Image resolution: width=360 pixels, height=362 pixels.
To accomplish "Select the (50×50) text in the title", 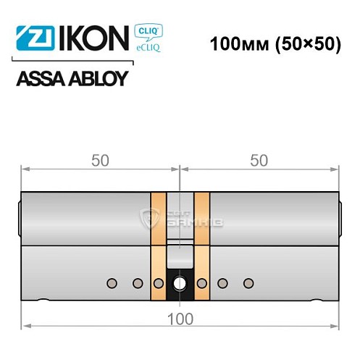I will pyautogui.click(x=304, y=43).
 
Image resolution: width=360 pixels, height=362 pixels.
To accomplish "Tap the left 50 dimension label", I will pyautogui.click(x=100, y=161).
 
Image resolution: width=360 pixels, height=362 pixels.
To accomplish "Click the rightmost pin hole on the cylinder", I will pyautogui.click(x=248, y=282).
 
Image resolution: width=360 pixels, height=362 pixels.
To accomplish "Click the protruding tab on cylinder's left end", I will pyautogui.click(x=18, y=218).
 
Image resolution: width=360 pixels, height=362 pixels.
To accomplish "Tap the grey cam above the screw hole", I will pyautogui.click(x=180, y=255).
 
